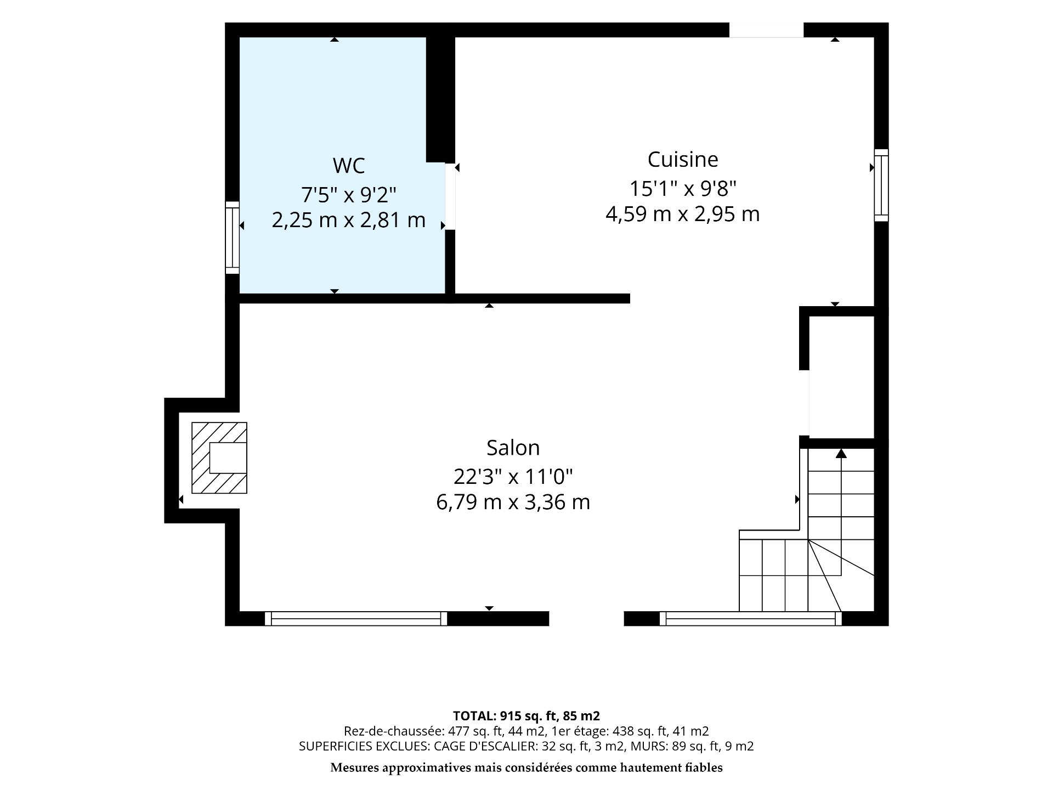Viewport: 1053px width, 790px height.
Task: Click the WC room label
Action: point(349,165)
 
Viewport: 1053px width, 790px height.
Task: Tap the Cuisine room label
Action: point(683,160)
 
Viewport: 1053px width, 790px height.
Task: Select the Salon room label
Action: point(513,448)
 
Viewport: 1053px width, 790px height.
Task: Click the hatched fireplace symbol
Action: point(219,458)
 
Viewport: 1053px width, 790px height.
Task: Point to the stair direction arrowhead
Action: point(841,453)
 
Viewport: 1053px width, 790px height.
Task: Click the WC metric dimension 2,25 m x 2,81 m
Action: point(349,220)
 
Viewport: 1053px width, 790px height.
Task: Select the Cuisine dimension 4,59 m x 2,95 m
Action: point(683,214)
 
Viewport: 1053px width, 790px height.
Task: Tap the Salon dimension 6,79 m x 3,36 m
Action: point(513,502)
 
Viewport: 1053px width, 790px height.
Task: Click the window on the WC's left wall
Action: point(233,238)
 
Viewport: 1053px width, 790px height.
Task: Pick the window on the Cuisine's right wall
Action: point(881,185)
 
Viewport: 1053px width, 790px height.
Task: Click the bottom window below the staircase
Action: point(750,618)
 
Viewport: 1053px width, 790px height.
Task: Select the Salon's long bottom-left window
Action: point(356,618)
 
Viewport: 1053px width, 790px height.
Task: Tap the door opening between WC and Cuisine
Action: point(450,196)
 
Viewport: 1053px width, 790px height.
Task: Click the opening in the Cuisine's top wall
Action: point(766,30)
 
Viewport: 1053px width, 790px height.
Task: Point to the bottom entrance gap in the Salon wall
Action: point(586,618)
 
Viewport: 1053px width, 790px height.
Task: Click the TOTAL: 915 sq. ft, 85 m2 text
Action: point(526,716)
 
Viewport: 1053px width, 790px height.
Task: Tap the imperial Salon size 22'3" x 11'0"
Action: point(513,477)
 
